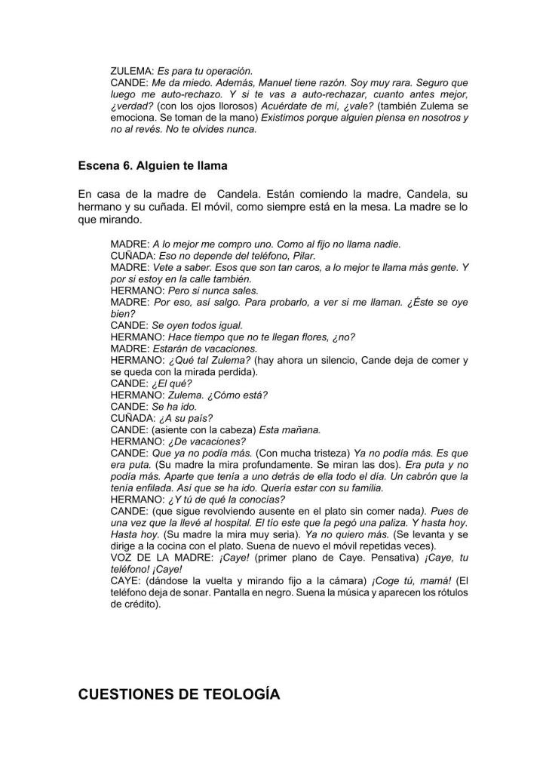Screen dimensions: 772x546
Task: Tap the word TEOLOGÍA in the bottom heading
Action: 235,694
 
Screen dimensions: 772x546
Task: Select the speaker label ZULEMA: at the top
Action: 131,70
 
